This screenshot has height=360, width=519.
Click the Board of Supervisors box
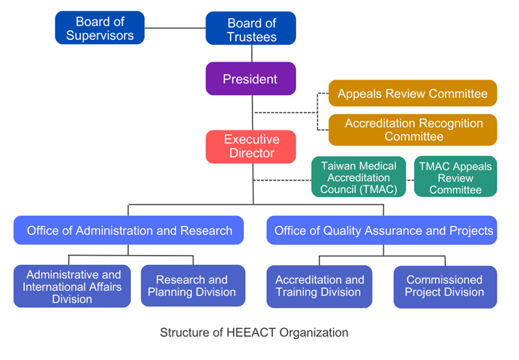[100, 28]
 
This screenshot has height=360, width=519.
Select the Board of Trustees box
[250, 28]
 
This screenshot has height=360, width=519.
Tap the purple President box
[250, 79]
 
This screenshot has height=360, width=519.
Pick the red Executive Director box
[250, 147]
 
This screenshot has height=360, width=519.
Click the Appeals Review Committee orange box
[413, 93]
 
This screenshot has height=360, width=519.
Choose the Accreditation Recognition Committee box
[413, 130]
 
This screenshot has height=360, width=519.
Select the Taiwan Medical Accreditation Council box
[358, 177]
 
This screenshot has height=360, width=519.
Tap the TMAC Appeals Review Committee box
[455, 177]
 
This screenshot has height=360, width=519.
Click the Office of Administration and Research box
[128, 230]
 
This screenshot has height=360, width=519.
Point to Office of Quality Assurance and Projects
[381, 230]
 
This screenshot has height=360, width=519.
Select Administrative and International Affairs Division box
[72, 286]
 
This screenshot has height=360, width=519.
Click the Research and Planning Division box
[193, 285]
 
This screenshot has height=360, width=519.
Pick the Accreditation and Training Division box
[319, 286]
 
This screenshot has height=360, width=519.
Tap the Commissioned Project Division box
[445, 287]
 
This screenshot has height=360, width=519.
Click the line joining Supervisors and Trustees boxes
[175, 28]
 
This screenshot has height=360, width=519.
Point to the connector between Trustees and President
[252, 54]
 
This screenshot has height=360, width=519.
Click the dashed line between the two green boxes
[410, 180]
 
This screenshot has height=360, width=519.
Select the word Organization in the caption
[313, 333]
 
